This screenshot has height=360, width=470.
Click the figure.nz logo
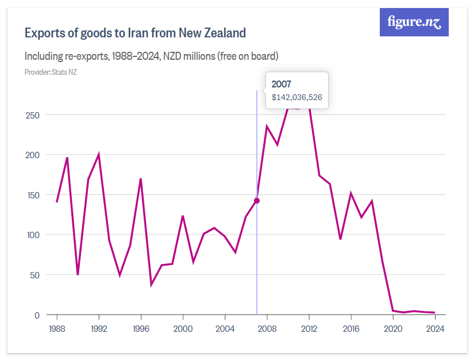pos(414,22)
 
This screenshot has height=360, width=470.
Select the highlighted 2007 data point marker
pos(257,201)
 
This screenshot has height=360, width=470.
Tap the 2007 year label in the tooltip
pos(282,84)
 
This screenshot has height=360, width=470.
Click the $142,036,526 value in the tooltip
pos(296,97)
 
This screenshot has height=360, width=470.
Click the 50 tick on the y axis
pos(34,275)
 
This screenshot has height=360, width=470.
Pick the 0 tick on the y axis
pos(37,315)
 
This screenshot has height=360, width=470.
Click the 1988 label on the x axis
pos(57,329)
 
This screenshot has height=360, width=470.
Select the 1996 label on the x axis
pos(141,329)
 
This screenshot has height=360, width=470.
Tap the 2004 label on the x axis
pos(225,329)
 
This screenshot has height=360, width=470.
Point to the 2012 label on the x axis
pos(309,329)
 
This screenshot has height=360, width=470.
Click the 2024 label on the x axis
pos(435,329)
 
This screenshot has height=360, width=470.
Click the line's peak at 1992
pos(99,154)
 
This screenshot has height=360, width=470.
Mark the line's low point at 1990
pos(78,274)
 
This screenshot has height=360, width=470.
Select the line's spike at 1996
pos(141,179)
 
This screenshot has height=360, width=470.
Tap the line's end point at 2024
pos(435,312)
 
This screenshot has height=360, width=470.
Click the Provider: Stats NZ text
pos(51,72)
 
